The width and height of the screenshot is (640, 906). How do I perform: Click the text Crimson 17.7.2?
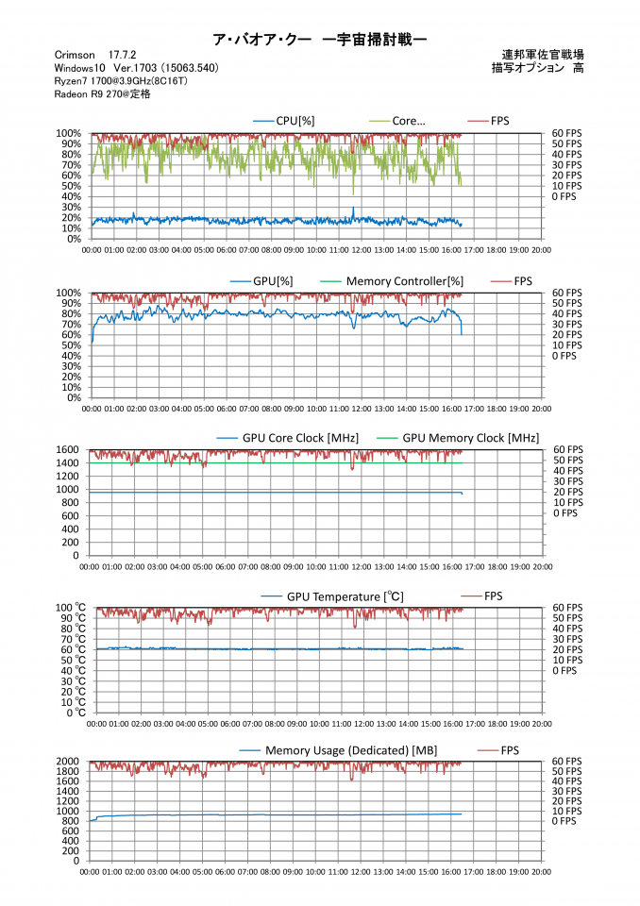(x=93, y=56)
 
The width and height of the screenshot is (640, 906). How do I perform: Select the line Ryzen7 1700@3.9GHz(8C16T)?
(x=124, y=81)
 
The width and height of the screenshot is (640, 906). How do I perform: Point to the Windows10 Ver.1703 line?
(x=136, y=68)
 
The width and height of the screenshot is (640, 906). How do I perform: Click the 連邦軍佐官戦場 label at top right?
(x=544, y=55)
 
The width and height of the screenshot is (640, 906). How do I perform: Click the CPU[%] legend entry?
(x=288, y=121)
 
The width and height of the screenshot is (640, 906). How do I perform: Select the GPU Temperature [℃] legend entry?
(x=345, y=596)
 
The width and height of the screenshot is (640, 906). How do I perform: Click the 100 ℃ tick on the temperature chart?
(x=69, y=608)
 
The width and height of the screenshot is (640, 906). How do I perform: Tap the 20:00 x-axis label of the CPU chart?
(x=541, y=250)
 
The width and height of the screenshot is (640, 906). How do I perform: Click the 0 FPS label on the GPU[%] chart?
(x=564, y=356)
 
